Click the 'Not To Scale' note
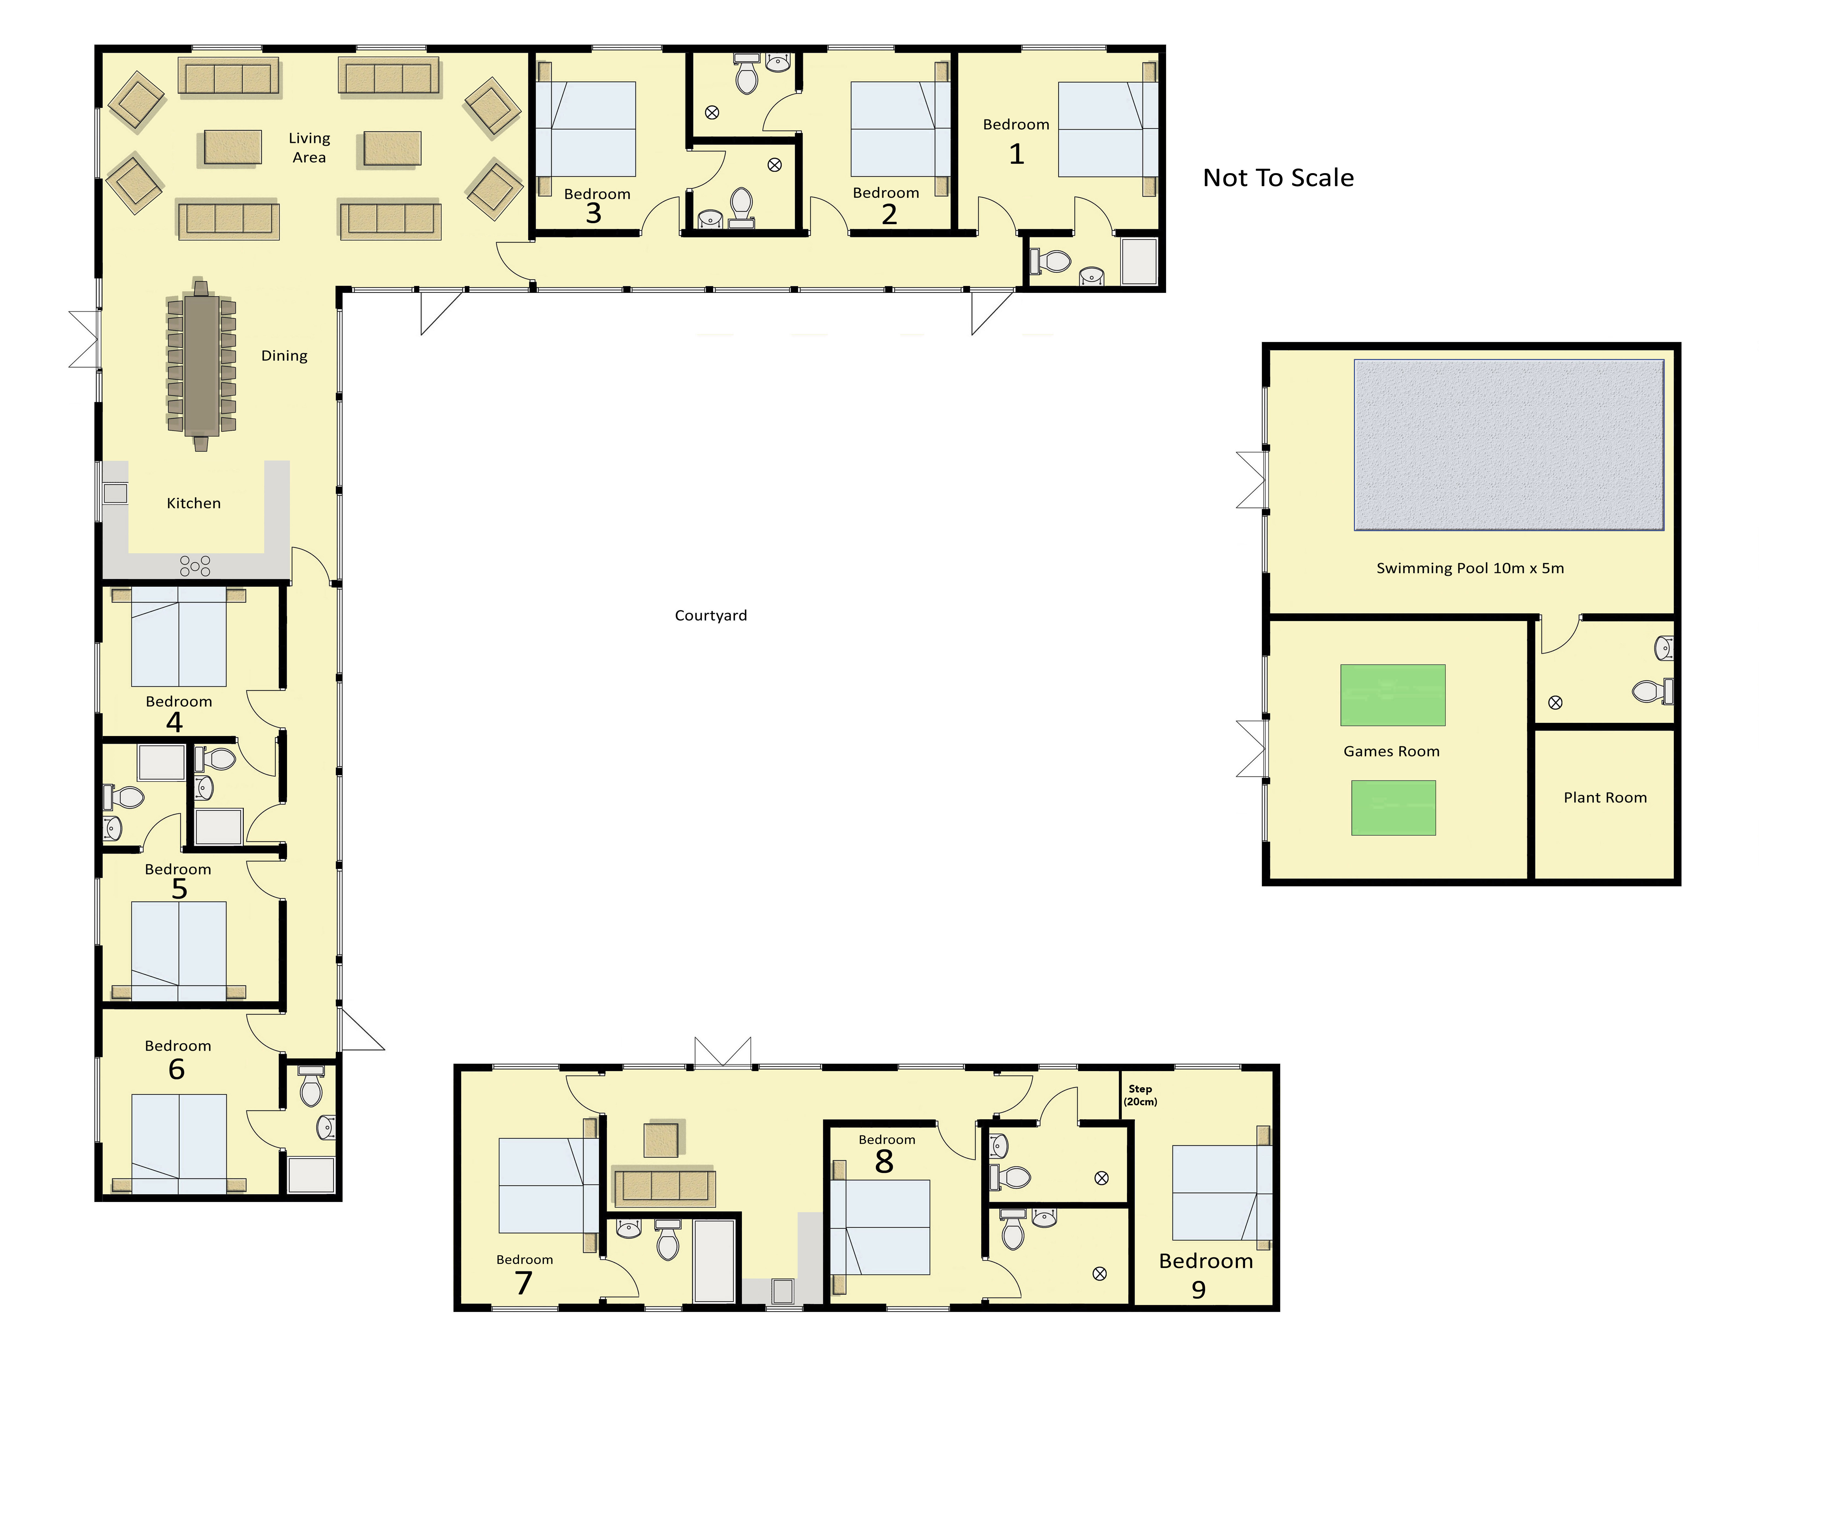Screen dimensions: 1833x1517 pyautogui.click(x=1278, y=178)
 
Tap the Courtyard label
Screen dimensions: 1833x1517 pyautogui.click(x=710, y=615)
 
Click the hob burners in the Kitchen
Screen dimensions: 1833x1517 pyautogui.click(x=195, y=566)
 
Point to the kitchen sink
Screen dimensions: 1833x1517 pyautogui.click(x=115, y=493)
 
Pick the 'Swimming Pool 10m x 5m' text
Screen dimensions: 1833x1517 pyautogui.click(x=1470, y=568)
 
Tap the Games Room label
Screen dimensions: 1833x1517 pyautogui.click(x=1391, y=752)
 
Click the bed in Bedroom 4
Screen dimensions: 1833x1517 pyautogui.click(x=179, y=636)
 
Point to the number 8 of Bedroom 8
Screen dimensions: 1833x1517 pyautogui.click(x=884, y=1162)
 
